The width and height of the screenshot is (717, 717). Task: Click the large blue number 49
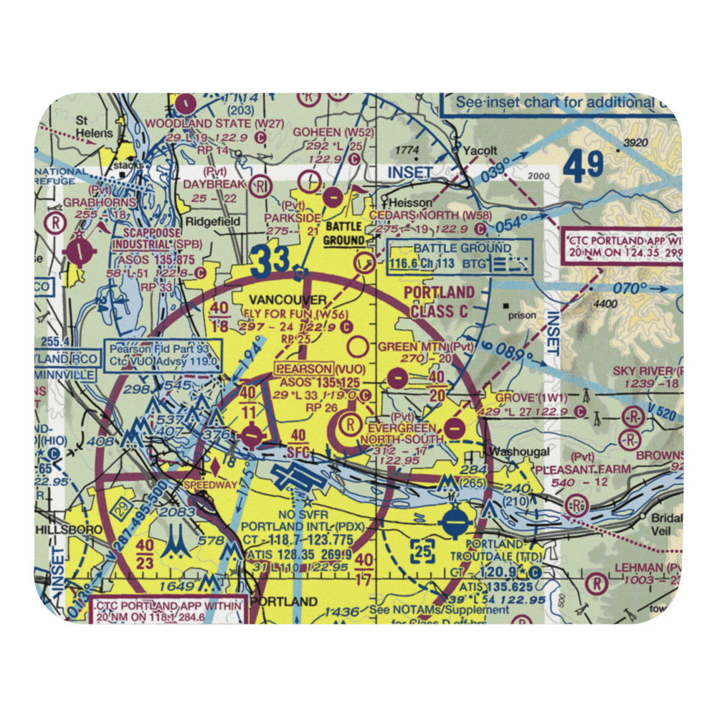pos(582,166)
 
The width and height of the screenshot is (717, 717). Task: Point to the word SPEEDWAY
pos(210,485)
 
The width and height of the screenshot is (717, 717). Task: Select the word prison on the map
pos(526,314)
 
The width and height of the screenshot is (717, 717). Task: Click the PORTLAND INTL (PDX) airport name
pos(304,526)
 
